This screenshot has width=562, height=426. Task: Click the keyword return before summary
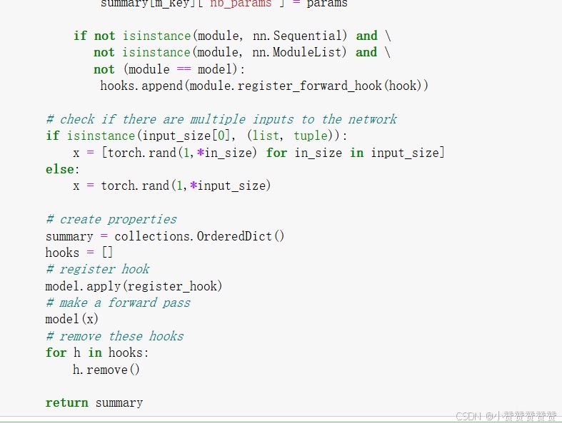tap(67, 402)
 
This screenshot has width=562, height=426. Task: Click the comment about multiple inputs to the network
tap(221, 119)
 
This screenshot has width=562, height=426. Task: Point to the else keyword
tap(60, 169)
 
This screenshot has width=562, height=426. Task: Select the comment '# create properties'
tap(111, 219)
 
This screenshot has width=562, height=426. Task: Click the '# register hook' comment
tap(98, 269)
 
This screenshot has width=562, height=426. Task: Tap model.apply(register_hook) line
tap(134, 286)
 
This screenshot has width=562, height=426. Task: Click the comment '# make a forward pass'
tap(118, 303)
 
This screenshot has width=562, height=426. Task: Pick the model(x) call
tap(72, 319)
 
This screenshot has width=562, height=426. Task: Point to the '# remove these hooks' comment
tap(115, 336)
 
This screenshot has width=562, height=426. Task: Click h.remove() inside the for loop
tap(106, 370)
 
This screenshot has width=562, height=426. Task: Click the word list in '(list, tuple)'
tap(266, 136)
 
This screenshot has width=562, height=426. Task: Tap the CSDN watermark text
tap(506, 416)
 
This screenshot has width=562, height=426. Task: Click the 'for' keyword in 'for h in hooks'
tap(56, 353)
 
